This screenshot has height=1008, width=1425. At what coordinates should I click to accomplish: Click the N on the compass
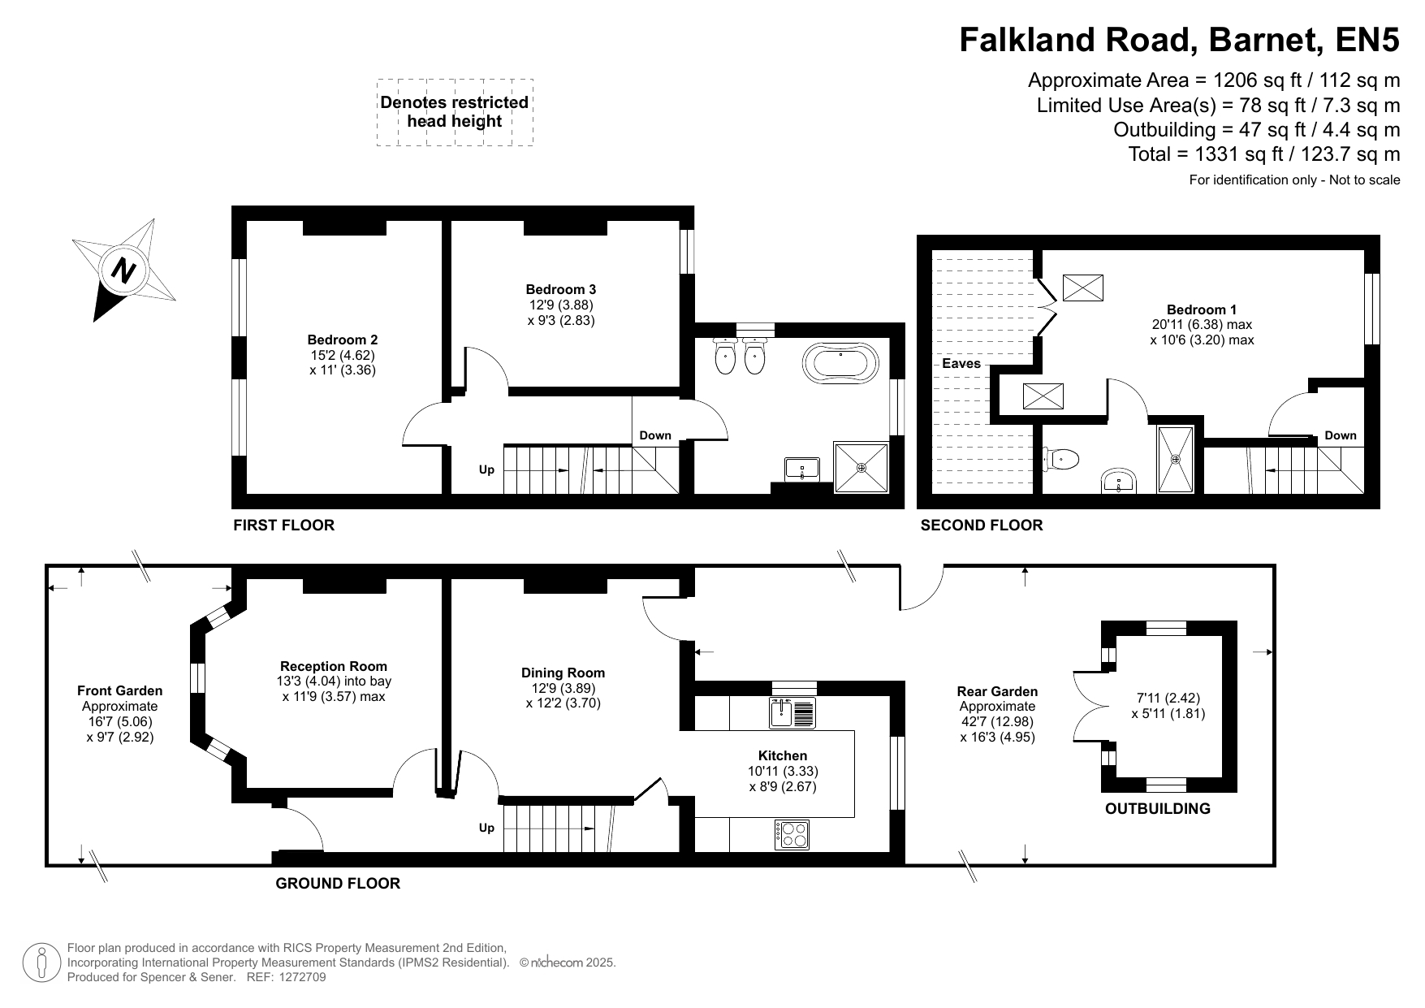point(123,270)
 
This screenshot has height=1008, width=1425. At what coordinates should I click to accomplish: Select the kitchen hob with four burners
point(792,834)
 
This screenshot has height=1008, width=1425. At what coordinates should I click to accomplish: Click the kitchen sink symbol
point(792,712)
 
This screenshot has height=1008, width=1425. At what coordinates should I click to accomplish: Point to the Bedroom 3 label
point(560,289)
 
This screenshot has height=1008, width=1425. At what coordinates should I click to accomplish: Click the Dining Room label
point(563,673)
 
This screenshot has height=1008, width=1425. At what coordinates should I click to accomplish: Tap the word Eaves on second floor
point(961,363)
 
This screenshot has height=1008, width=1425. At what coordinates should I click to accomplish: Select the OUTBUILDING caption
point(1157,808)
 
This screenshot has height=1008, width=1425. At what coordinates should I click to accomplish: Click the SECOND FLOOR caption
point(981,526)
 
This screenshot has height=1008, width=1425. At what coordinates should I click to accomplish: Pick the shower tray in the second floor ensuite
point(1175,460)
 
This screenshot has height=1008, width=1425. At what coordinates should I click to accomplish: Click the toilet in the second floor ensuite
point(1063,459)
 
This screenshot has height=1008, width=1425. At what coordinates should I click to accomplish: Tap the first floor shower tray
point(861,468)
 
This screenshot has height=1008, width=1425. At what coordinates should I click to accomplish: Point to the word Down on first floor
point(655,435)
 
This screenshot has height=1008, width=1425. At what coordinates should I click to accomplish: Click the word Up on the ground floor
point(486,828)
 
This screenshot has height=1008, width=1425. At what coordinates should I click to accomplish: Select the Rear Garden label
point(997,691)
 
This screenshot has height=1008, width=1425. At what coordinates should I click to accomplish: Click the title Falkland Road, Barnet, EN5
point(1180,39)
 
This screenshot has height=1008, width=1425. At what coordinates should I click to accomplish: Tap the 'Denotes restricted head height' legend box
point(455,112)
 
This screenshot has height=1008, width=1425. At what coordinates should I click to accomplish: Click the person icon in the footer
point(41,963)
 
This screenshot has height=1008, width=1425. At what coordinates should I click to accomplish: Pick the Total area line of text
point(1264,154)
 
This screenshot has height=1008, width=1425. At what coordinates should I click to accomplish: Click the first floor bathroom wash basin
point(802,469)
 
